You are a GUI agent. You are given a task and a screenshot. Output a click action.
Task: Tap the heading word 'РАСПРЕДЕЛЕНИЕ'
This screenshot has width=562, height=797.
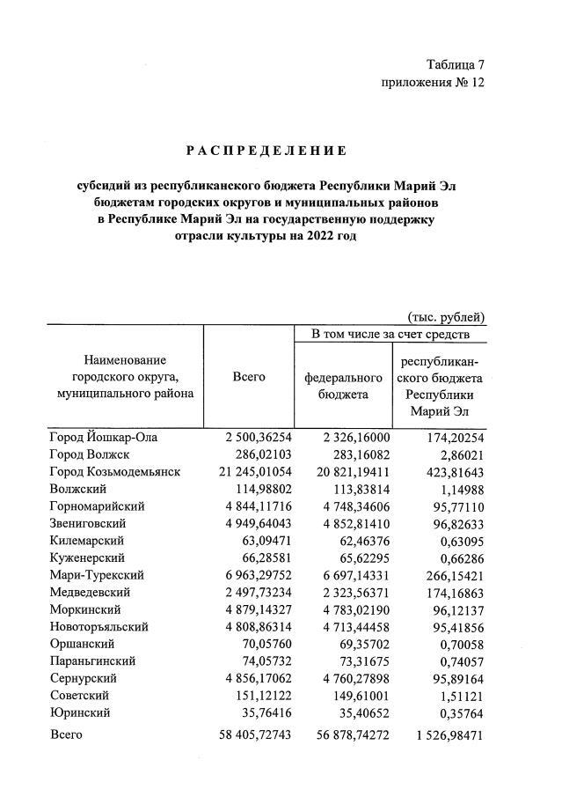266,151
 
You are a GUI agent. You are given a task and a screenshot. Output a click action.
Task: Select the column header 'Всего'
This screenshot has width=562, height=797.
249,377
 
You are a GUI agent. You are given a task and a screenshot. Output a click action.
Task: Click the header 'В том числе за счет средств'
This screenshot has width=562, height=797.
390,335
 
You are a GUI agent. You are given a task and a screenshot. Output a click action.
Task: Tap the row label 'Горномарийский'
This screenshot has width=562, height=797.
98,506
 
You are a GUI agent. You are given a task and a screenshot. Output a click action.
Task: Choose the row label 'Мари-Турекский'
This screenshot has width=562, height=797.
98,575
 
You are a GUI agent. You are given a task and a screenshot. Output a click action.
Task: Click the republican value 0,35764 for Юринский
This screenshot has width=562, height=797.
456,713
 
